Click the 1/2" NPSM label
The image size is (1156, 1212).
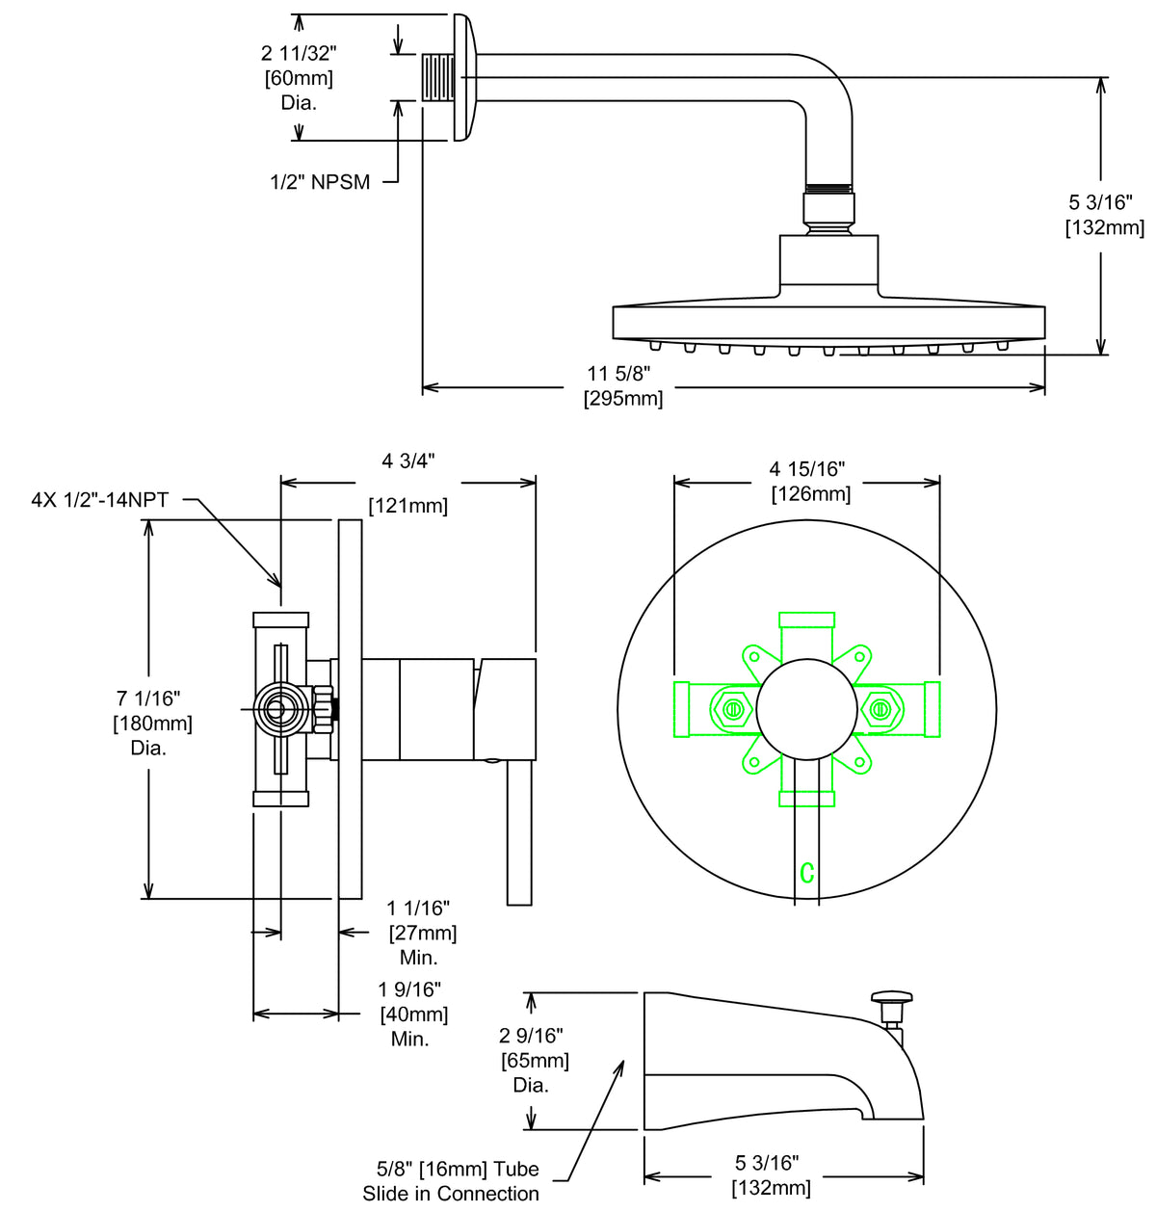pyautogui.click(x=320, y=182)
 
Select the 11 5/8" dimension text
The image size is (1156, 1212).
pyautogui.click(x=619, y=374)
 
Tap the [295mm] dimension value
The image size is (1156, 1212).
pyautogui.click(x=623, y=399)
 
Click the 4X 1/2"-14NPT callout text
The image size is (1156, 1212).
pyautogui.click(x=99, y=499)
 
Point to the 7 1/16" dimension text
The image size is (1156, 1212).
pyautogui.click(x=149, y=698)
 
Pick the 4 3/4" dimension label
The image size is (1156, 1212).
pyautogui.click(x=408, y=461)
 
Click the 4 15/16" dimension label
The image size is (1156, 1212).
pyautogui.click(x=807, y=469)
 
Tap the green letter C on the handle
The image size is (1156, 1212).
pyautogui.click(x=807, y=873)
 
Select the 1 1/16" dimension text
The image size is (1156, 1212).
pyautogui.click(x=418, y=908)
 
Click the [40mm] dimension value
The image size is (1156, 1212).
pyautogui.click(x=414, y=1014)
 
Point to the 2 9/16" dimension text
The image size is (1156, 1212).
pyautogui.click(x=531, y=1036)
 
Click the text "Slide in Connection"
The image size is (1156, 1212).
pyautogui.click(x=451, y=1194)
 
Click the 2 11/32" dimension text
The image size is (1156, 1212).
pyautogui.click(x=299, y=53)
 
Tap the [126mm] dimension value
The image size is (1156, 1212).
pyautogui.click(x=811, y=494)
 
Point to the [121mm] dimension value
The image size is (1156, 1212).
pyautogui.click(x=408, y=505)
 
